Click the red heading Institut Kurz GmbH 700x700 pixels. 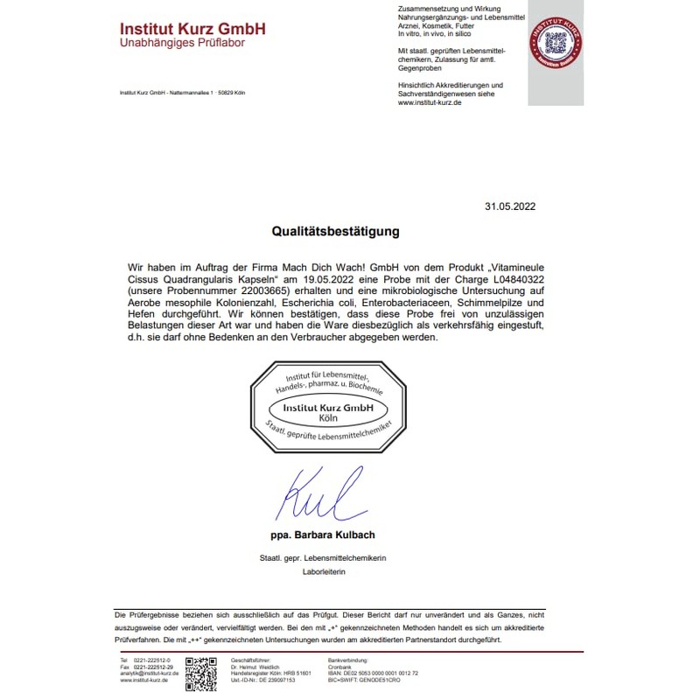(192, 28)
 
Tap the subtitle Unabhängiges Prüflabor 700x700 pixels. (182, 43)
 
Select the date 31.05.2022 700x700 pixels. (509, 206)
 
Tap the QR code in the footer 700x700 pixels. (201, 669)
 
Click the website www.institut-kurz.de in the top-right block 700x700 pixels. (430, 102)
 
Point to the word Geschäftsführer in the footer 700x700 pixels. (249, 659)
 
